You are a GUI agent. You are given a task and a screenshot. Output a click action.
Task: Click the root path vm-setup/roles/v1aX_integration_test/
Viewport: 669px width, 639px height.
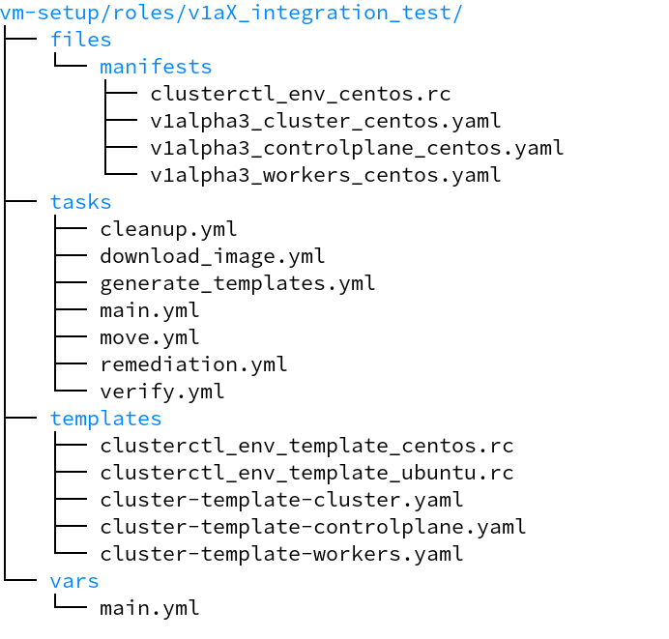(232, 14)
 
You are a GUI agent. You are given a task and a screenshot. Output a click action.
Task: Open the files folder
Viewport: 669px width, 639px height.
(81, 41)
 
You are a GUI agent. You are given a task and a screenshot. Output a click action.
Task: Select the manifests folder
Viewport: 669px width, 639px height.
(156, 68)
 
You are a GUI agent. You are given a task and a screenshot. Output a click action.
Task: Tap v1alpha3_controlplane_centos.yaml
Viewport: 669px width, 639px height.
(357, 149)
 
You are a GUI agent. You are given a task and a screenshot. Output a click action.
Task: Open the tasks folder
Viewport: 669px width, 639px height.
(81, 203)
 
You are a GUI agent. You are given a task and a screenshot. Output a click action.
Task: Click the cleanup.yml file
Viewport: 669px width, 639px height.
(168, 230)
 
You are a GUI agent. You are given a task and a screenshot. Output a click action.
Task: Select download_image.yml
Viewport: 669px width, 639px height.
(213, 257)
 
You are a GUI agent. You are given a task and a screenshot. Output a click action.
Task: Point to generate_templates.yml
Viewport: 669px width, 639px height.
(238, 284)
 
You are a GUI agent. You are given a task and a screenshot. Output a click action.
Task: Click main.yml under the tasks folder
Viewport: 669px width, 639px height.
(150, 311)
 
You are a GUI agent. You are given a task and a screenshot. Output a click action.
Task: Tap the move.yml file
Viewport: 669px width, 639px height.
(150, 338)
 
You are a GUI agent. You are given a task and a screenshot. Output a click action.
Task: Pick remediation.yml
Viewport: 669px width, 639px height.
(193, 365)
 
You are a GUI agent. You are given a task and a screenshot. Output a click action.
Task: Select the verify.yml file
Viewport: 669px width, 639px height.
(162, 392)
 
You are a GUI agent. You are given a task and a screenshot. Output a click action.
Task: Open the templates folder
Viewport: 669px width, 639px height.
(106, 420)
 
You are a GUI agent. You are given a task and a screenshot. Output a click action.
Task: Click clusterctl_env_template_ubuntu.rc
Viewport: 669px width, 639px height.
(306, 474)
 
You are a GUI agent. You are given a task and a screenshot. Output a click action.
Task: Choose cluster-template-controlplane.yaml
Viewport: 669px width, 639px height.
(313, 528)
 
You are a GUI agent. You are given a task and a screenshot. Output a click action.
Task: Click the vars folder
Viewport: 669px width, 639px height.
(74, 582)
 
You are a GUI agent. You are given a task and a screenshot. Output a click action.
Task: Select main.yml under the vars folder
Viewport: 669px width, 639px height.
(150, 609)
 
